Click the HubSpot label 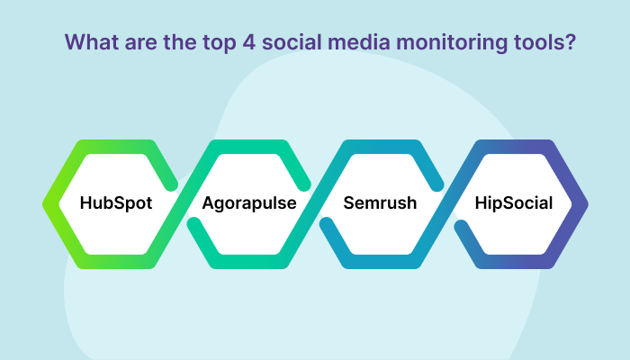pyautogui.click(x=116, y=203)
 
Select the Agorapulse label pyautogui.click(x=249, y=203)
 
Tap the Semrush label pyautogui.click(x=380, y=202)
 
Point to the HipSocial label pyautogui.click(x=514, y=203)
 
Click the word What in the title pyautogui.click(x=92, y=41)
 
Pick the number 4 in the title pyautogui.click(x=248, y=42)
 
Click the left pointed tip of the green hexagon pyautogui.click(x=42, y=204)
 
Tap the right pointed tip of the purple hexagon pyautogui.click(x=589, y=204)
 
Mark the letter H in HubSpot pyautogui.click(x=86, y=202)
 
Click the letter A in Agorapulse pyautogui.click(x=209, y=202)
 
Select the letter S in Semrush pyautogui.click(x=349, y=202)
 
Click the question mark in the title pyautogui.click(x=571, y=41)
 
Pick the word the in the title pyautogui.click(x=179, y=41)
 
